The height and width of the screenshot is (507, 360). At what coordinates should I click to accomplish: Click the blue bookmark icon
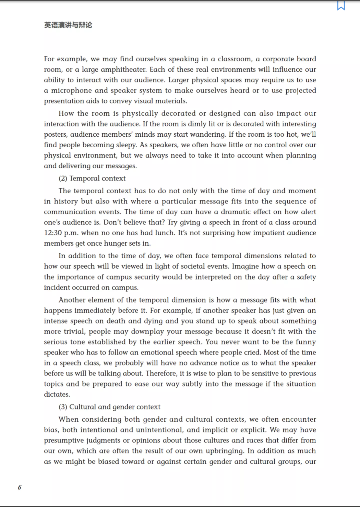pos(341,5)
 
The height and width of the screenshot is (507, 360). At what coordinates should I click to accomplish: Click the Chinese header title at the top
pos(68,25)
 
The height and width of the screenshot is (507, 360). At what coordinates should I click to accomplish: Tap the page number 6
pos(20,487)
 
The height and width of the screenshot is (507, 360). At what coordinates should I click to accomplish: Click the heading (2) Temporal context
pos(92,178)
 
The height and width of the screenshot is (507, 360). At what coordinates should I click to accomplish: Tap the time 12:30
pos(53,233)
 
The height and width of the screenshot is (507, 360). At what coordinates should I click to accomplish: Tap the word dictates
pos(57,394)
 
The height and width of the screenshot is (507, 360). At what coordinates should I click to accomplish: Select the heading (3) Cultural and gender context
pos(109,407)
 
